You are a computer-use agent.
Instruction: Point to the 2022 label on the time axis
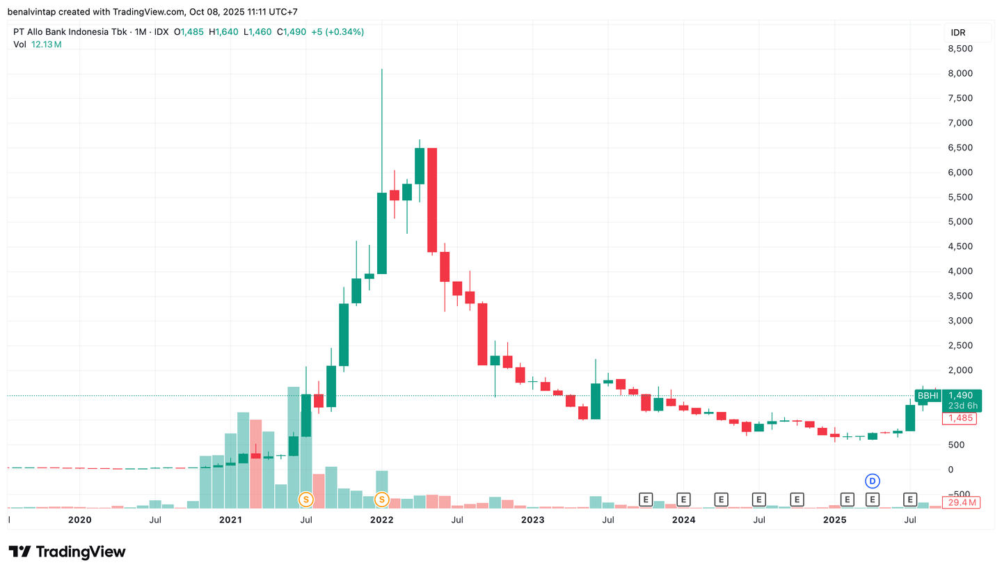381,520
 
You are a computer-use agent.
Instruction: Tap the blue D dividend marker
872,481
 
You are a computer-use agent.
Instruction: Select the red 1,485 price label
959,418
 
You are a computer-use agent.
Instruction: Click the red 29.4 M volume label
961,502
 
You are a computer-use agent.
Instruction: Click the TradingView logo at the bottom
67,552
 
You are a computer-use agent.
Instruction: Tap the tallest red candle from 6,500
432,200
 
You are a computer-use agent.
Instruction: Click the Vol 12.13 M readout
38,45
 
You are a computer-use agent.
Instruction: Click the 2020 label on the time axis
79,520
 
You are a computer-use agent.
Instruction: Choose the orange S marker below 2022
381,499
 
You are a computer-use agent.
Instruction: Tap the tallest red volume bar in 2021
255,463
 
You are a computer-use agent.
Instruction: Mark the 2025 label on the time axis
834,520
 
